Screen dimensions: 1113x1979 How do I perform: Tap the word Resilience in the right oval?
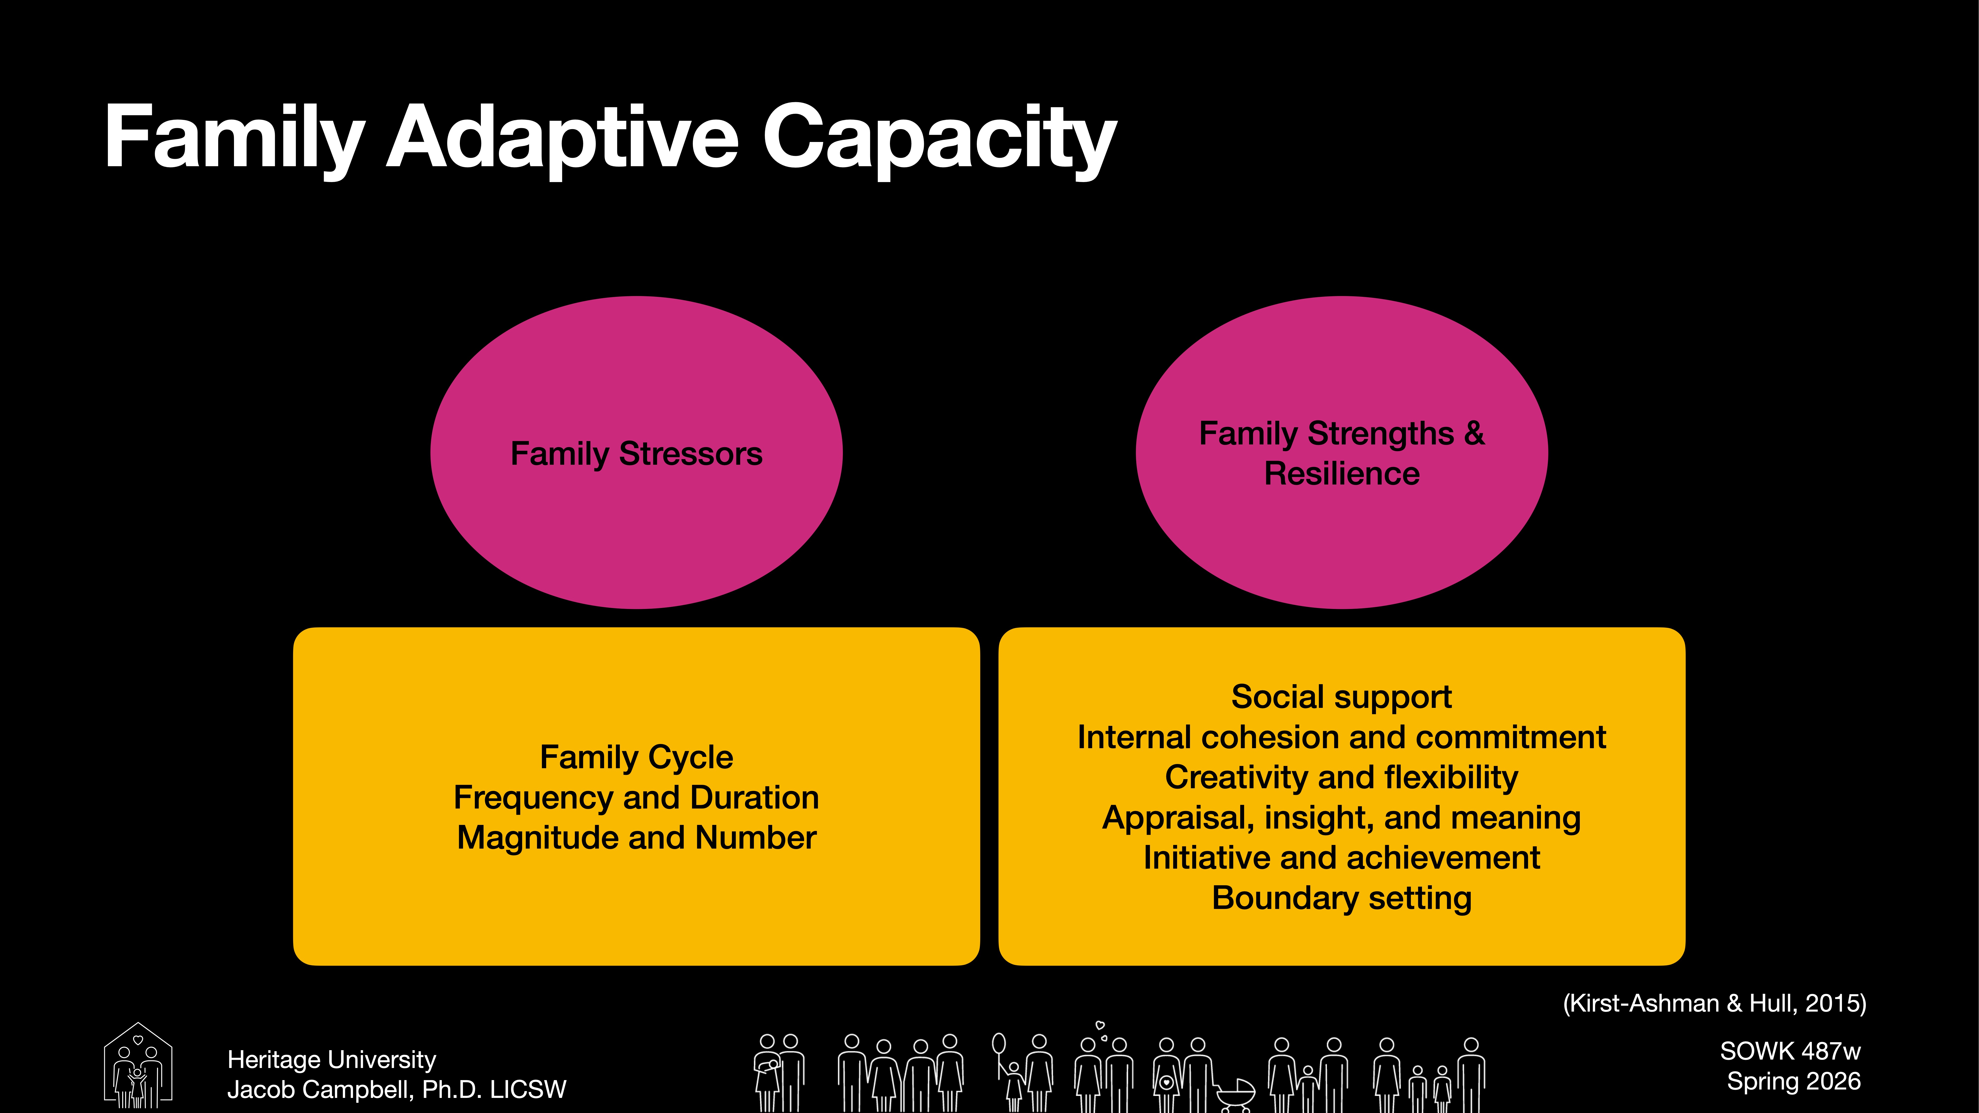coord(1341,474)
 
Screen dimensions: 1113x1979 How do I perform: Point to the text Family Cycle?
coord(636,757)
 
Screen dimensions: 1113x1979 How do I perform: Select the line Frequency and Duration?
coord(636,797)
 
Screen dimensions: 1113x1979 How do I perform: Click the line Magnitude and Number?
coord(636,837)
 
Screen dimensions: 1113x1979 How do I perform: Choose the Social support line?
coord(1341,697)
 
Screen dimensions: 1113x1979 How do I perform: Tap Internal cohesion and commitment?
coord(1341,737)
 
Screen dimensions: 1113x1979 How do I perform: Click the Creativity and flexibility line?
coord(1341,777)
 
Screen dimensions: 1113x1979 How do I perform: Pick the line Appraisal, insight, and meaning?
coord(1341,817)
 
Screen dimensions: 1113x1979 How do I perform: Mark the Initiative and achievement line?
coord(1341,858)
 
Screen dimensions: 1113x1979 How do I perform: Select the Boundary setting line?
coord(1341,898)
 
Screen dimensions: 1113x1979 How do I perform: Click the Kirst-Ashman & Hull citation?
coord(1714,1003)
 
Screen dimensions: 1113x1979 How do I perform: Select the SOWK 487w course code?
coord(1790,1051)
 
